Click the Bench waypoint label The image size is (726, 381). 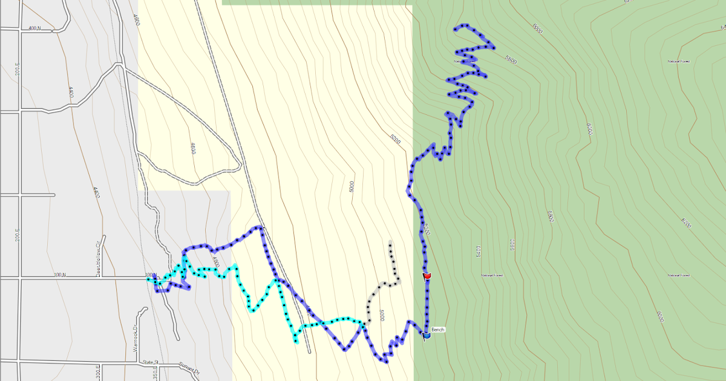click(x=438, y=330)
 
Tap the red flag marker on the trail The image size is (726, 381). click(x=427, y=276)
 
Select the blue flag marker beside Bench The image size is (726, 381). click(x=427, y=334)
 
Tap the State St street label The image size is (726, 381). click(x=149, y=362)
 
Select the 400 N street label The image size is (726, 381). click(x=34, y=28)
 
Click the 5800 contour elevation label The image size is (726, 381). click(x=511, y=60)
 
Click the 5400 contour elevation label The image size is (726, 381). click(x=477, y=250)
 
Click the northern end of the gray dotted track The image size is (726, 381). click(x=390, y=243)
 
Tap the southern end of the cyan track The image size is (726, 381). click(x=296, y=342)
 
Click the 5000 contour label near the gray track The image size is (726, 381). click(x=382, y=315)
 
